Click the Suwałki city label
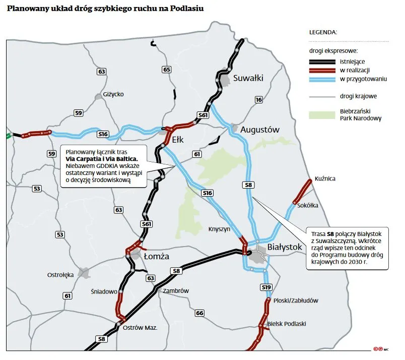tap(248, 78)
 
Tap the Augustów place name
tap(259, 130)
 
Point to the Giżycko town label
tap(113, 94)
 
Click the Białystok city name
tap(285, 247)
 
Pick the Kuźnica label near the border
tap(324, 178)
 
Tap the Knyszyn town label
tap(219, 229)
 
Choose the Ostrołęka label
tap(60, 275)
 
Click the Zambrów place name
tap(176, 291)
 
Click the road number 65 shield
tap(167, 69)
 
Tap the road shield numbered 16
tap(259, 100)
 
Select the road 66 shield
tap(200, 313)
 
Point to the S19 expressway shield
tap(266, 287)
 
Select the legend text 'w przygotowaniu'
tap(363, 80)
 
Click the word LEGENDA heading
tap(323, 32)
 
